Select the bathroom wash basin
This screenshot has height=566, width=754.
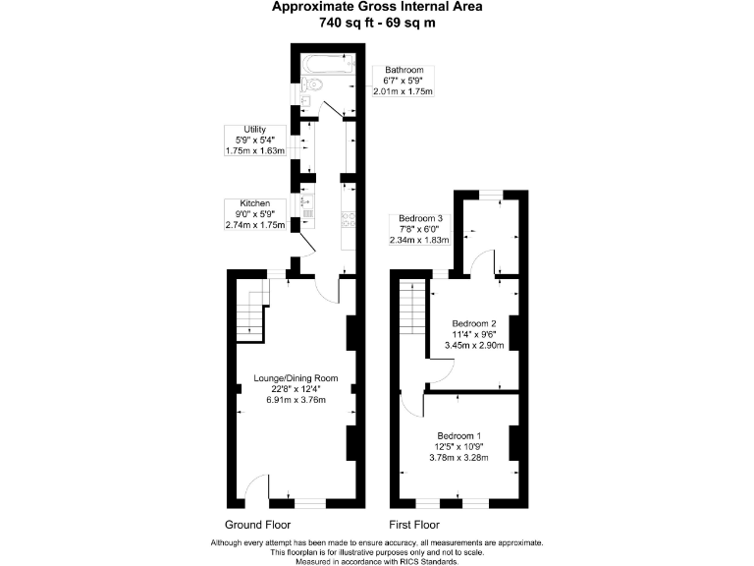point(306,101)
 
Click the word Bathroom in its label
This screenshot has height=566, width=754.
point(403,71)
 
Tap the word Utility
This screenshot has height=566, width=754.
point(241,130)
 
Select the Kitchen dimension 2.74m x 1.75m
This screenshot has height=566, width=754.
point(254,225)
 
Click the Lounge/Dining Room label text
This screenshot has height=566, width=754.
point(296,378)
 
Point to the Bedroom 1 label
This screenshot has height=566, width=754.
point(458,435)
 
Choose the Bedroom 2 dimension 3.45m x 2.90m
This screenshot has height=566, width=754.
point(473,346)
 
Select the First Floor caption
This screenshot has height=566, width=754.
point(413,525)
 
